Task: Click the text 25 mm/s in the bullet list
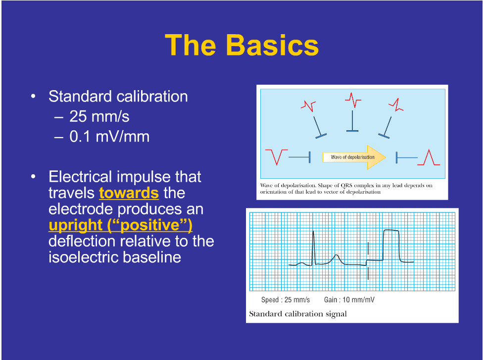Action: (x=99, y=116)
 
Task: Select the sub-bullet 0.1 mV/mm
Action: (x=109, y=136)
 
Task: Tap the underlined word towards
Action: (x=129, y=193)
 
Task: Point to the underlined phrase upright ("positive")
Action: (x=120, y=225)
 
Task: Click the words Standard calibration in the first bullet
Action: (x=118, y=96)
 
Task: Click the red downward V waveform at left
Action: (x=276, y=156)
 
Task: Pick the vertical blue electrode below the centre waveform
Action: (x=352, y=121)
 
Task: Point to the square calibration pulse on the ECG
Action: (x=391, y=245)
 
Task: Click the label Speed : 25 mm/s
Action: (x=285, y=300)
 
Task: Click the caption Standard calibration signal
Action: (x=297, y=314)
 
